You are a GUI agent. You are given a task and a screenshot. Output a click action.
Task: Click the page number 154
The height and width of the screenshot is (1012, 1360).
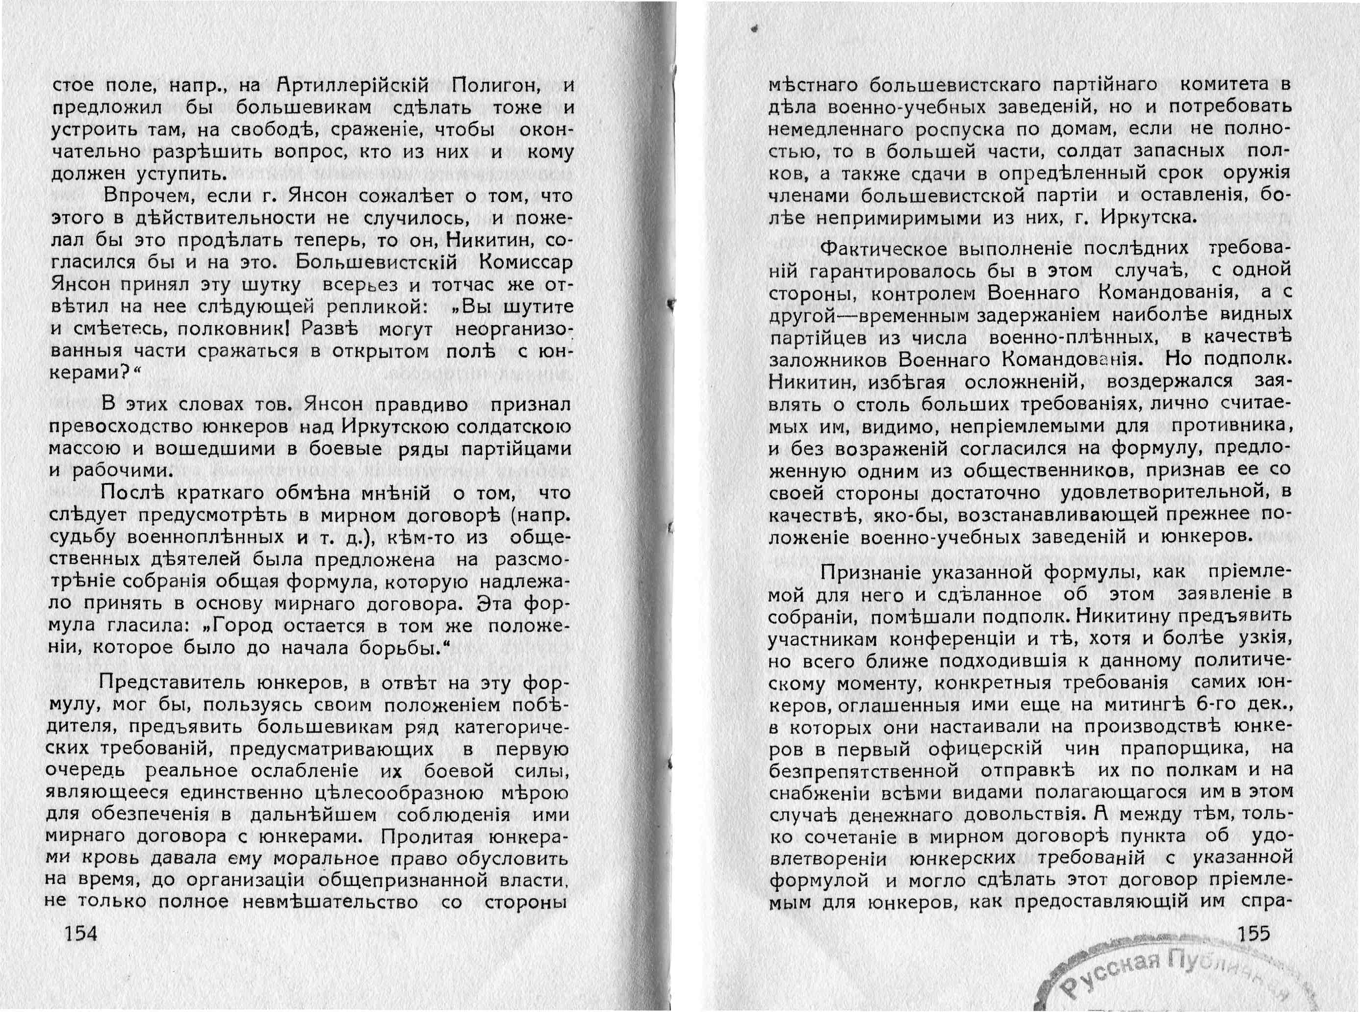[81, 934]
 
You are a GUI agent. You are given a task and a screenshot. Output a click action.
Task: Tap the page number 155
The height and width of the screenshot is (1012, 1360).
[1254, 934]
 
